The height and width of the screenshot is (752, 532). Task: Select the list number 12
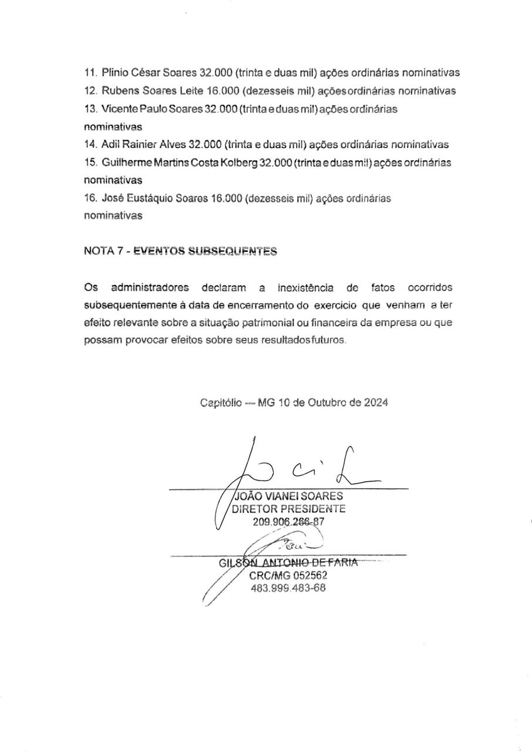90,91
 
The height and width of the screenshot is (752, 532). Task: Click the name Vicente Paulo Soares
151,109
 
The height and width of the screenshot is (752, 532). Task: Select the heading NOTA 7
103,251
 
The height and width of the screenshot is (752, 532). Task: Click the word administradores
150,288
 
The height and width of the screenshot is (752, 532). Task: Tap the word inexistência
305,288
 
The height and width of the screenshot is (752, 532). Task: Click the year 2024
375,403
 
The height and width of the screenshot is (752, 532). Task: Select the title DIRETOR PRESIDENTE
289,509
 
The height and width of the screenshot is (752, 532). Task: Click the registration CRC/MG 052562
288,576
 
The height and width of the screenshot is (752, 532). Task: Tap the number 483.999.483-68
288,588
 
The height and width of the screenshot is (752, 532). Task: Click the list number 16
90,198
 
